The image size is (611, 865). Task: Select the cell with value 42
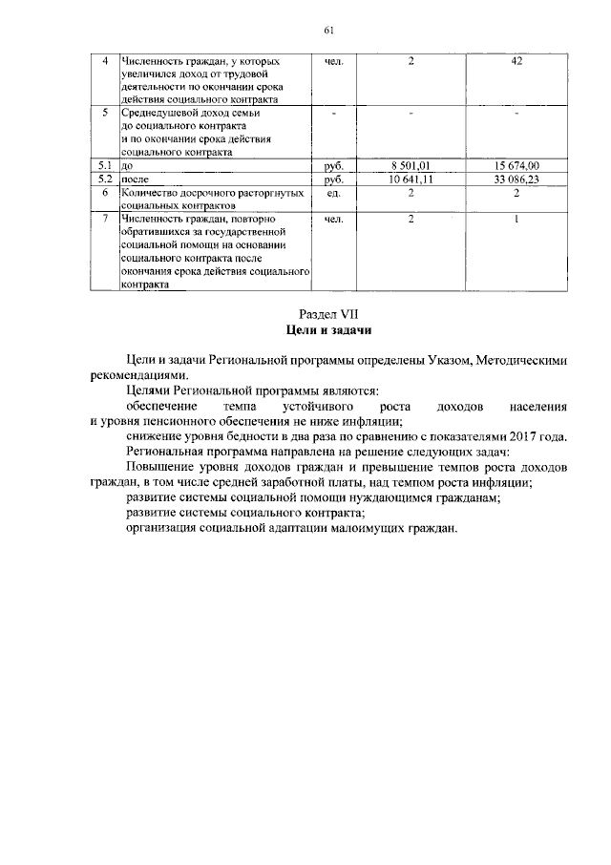(515, 62)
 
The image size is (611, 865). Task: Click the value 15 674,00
(516, 165)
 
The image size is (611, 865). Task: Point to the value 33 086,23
(516, 179)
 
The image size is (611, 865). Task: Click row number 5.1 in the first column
(106, 165)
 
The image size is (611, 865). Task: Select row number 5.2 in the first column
(106, 179)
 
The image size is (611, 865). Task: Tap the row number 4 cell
(106, 62)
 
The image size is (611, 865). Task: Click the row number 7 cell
(106, 219)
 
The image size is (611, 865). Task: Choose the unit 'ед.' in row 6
(334, 192)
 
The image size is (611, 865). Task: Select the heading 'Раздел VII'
(327, 312)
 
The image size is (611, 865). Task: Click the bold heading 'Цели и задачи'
(327, 330)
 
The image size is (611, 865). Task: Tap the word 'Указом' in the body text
(442, 360)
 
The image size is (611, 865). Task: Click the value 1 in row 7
(516, 219)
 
